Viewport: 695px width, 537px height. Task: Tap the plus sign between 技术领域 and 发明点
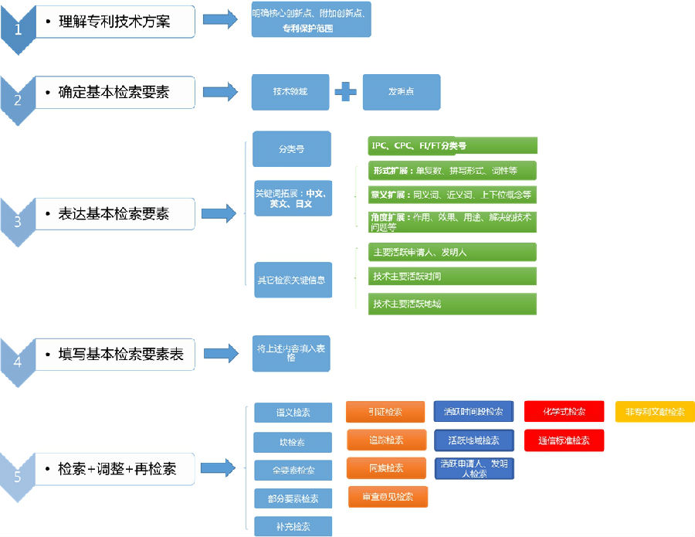(x=345, y=92)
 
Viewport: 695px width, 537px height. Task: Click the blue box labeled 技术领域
(x=290, y=92)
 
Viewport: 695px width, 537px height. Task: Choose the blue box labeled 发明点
(x=401, y=92)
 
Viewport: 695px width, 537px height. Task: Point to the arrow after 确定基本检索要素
(x=220, y=92)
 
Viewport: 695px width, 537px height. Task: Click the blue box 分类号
(x=291, y=148)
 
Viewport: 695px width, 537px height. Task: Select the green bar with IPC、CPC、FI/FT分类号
(x=452, y=145)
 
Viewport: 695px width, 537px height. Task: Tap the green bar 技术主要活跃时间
(x=452, y=277)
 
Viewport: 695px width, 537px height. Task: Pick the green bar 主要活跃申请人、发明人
(x=452, y=252)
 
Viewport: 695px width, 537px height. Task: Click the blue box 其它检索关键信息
(x=293, y=280)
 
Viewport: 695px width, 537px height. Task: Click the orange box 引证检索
(x=385, y=412)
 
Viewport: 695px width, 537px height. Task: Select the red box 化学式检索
(x=564, y=412)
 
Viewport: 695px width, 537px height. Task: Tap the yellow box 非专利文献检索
(x=655, y=412)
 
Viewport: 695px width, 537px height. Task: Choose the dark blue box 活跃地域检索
(x=473, y=440)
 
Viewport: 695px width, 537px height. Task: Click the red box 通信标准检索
(x=564, y=440)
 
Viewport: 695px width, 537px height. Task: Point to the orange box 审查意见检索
(x=387, y=497)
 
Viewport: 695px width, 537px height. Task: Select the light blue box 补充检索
(x=293, y=526)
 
